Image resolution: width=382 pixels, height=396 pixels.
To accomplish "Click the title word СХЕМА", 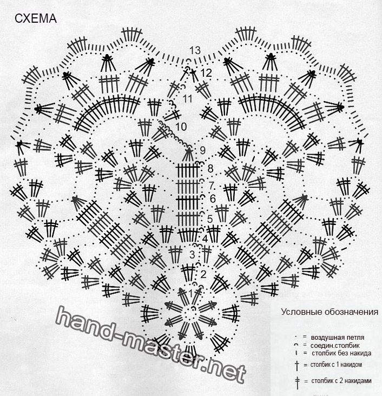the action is [36, 19].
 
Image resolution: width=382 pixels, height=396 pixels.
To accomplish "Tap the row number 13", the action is [195, 50].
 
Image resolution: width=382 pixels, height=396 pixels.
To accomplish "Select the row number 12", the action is [206, 73].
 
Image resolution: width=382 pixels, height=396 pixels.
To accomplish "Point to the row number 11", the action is [187, 99].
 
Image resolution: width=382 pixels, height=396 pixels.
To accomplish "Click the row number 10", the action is [181, 127].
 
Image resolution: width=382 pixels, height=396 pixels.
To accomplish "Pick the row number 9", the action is [202, 150].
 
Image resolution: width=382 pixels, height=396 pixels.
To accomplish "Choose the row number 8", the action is [210, 168].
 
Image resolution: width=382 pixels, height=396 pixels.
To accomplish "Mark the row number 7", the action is [212, 186].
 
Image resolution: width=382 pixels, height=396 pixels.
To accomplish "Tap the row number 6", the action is [213, 199].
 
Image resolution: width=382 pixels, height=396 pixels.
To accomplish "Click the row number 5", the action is [210, 219].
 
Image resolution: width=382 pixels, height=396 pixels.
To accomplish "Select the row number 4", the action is [205, 239].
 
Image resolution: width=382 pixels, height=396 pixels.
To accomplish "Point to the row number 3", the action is [192, 255].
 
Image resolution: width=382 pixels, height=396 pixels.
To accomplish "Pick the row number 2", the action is [203, 274].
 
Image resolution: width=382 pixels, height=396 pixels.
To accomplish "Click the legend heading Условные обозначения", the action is [330, 312].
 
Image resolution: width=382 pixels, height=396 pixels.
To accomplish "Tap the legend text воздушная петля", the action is [338, 338].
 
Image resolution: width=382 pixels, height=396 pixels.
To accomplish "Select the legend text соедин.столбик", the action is [335, 345].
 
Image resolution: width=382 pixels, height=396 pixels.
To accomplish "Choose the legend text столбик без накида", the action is [341, 353].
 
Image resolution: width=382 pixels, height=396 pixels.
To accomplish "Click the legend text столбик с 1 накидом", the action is [336, 365].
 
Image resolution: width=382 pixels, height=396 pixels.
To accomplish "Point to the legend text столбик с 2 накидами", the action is [341, 381].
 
